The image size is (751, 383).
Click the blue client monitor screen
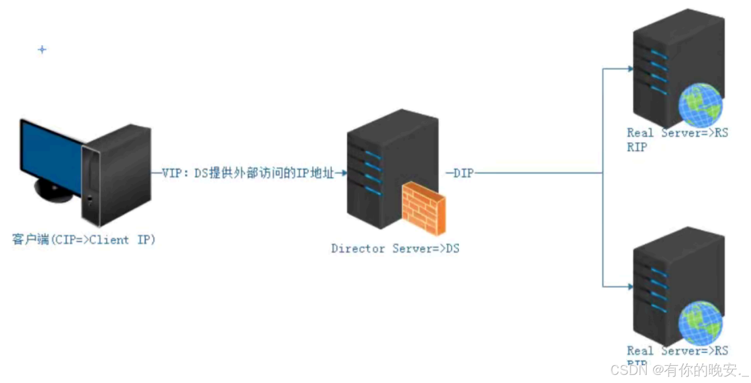[x=48, y=152]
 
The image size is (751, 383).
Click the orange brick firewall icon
[x=424, y=209]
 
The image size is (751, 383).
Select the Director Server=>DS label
[x=395, y=248]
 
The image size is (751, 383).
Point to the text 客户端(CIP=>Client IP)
[x=84, y=240]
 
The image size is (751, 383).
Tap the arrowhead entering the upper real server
[x=629, y=69]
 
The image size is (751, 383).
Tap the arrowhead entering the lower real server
[x=629, y=287]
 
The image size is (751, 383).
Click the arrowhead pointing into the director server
[x=344, y=174]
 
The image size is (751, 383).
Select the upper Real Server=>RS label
[x=677, y=133]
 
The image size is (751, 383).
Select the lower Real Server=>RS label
[x=677, y=351]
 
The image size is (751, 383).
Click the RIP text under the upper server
[x=637, y=147]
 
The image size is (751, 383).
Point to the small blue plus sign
[x=42, y=50]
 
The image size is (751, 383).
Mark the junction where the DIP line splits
[x=603, y=174]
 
